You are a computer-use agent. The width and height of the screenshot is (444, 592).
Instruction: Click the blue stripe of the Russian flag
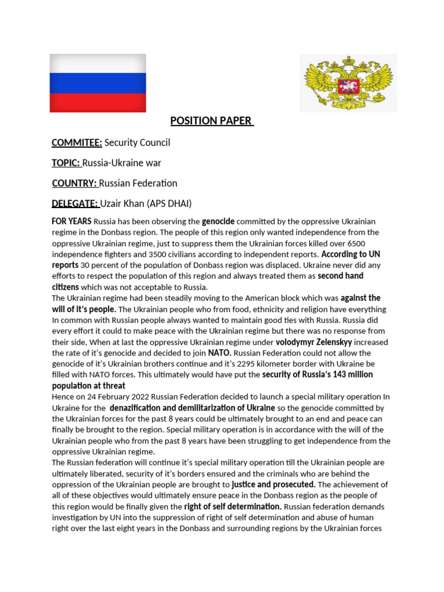coord(97,83)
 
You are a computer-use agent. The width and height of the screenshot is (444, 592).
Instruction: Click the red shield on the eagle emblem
coord(349,87)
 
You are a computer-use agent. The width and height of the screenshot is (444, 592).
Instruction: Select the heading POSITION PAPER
coord(211,121)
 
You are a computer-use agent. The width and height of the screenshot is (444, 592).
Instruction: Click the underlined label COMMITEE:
coord(77,142)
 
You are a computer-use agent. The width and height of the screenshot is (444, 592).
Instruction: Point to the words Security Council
coord(138,142)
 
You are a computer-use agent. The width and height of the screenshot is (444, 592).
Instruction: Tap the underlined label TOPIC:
coord(66,163)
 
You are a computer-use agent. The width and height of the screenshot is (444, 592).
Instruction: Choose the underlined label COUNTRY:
coord(75,183)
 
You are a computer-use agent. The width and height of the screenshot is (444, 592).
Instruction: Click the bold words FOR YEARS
coord(72,221)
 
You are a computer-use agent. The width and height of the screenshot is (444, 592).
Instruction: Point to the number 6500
coord(353,243)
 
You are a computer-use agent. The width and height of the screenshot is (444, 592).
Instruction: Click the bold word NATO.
coord(219,353)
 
